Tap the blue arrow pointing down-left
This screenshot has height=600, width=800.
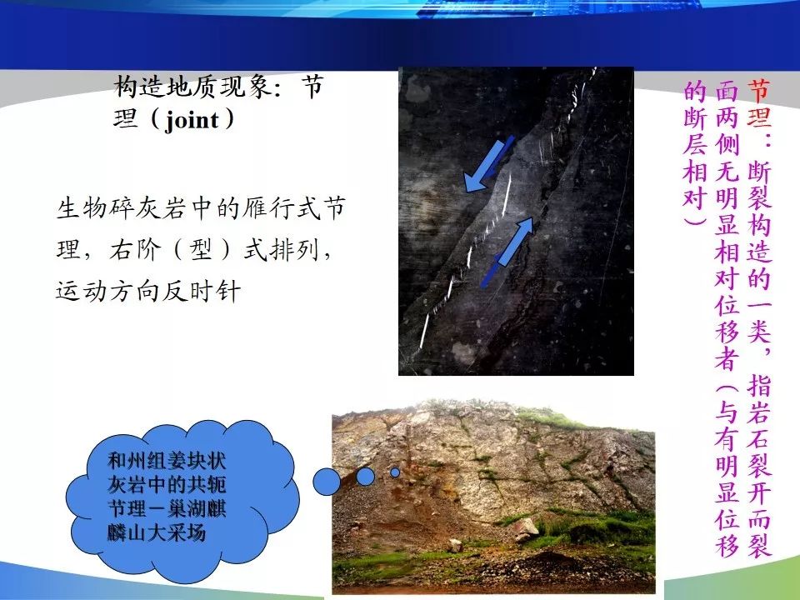489,164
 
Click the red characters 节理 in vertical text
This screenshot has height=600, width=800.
759,103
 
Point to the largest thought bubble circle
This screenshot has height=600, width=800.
327,482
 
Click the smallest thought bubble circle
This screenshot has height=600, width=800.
395,472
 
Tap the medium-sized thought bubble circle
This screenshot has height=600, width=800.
365,477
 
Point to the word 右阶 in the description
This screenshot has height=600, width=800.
135,250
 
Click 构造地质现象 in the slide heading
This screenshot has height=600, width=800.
192,86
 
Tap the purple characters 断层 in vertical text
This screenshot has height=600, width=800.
695,130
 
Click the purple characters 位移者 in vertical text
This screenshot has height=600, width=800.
727,332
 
